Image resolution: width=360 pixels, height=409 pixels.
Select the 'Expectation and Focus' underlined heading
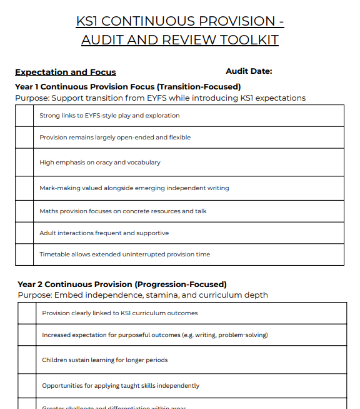tap(66, 72)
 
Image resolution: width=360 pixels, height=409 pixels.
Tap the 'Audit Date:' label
tap(249, 71)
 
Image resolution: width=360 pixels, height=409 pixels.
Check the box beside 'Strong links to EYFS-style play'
tap(24, 116)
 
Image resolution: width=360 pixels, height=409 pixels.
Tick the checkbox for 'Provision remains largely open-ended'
tap(24, 138)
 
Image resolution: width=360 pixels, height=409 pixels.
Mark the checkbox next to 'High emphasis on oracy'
tap(24, 162)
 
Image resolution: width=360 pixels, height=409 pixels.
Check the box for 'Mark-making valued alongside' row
tap(24, 188)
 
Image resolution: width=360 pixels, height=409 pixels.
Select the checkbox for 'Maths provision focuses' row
tap(24, 211)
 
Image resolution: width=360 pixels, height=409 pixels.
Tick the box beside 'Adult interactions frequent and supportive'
tap(24, 233)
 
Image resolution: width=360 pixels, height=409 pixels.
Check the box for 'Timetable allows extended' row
tap(24, 255)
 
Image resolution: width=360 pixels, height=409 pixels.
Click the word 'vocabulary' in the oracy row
tap(144, 163)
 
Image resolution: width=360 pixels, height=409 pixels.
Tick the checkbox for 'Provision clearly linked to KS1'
tap(27, 313)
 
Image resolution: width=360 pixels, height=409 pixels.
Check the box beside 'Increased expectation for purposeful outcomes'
tap(27, 335)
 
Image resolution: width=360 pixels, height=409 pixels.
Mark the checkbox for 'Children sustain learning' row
tap(27, 360)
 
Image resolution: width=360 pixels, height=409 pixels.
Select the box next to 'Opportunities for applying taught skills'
tap(27, 386)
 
